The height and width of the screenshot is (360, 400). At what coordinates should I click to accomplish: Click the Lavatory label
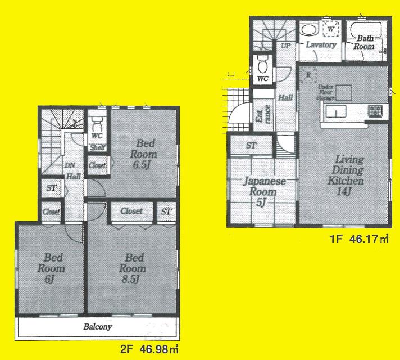[x=321, y=44]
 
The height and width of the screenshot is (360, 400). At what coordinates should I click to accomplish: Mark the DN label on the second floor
[x=70, y=165]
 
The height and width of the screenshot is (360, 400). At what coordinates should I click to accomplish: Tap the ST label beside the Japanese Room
[x=252, y=146]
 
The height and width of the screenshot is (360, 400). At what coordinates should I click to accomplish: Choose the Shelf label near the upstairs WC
[x=96, y=148]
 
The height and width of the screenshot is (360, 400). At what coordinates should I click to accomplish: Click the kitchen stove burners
[x=375, y=110]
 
